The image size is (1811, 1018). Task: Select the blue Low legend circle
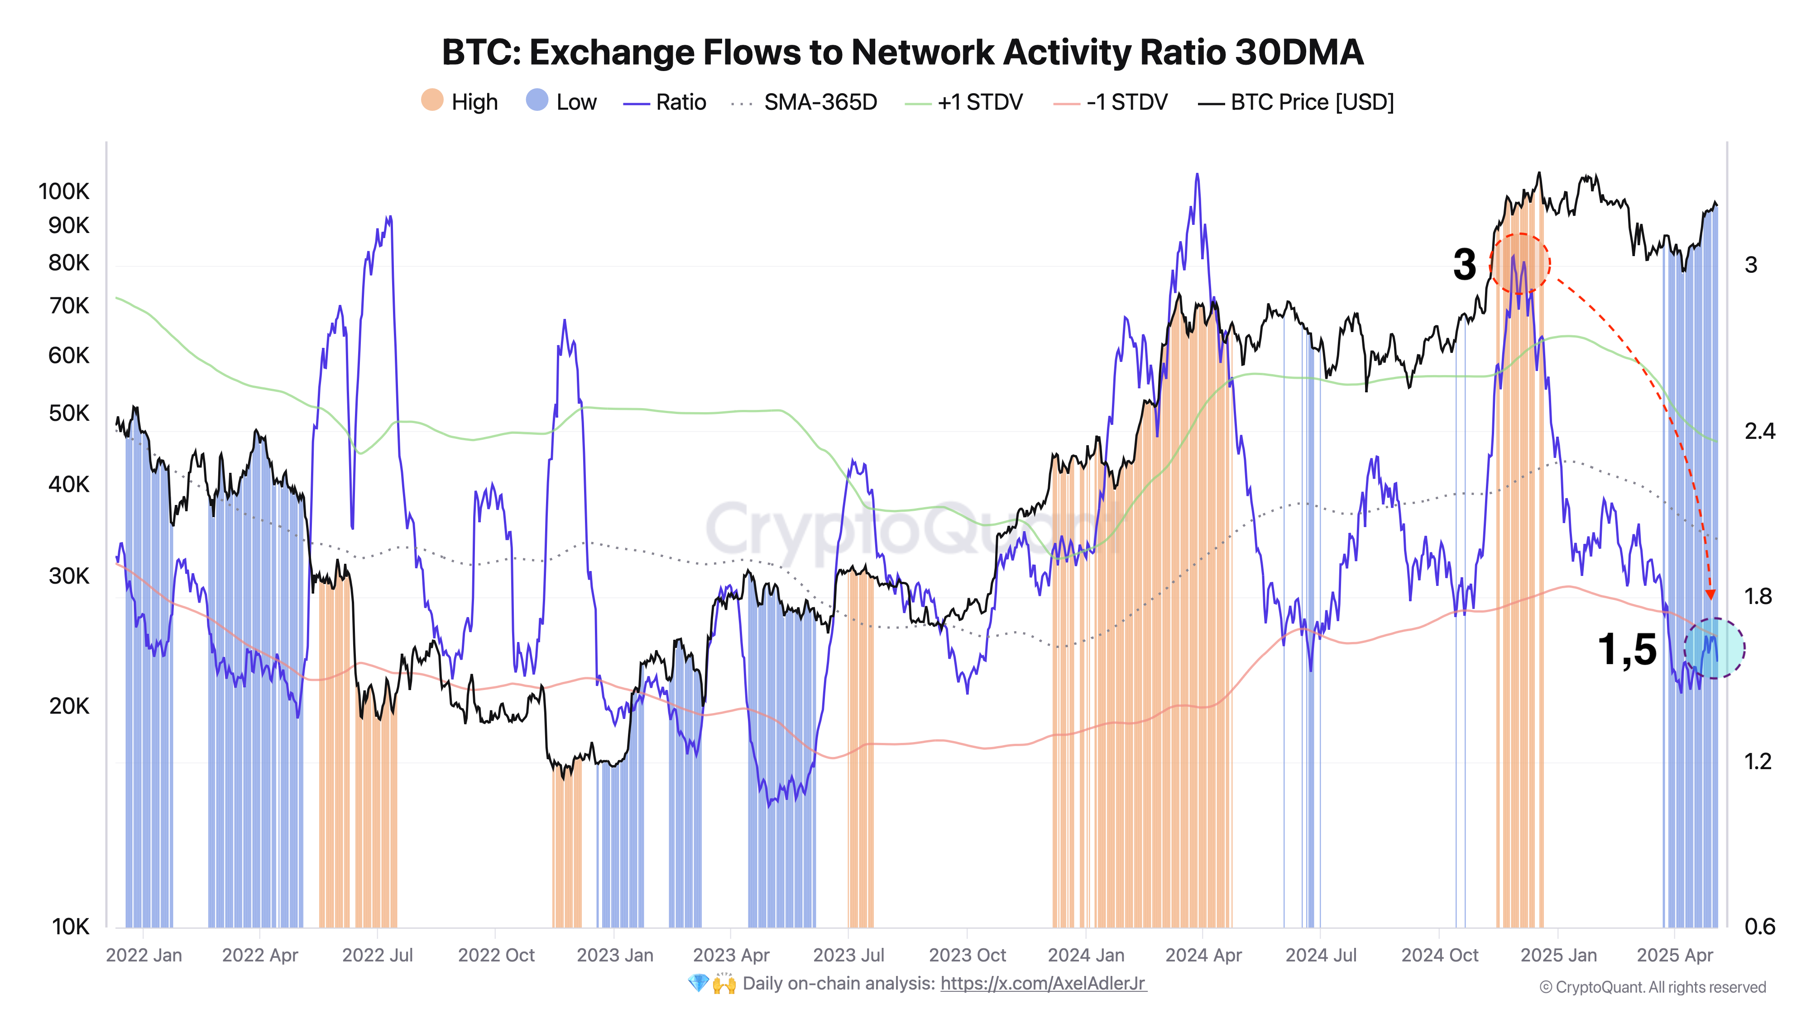point(537,100)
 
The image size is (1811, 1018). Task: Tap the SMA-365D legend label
point(820,103)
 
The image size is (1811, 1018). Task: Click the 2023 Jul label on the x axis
point(848,956)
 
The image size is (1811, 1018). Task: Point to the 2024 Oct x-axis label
point(1439,956)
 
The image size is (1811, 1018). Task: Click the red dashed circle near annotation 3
point(1520,263)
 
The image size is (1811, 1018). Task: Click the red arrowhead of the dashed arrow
point(1710,595)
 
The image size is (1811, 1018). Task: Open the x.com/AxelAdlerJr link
point(1043,984)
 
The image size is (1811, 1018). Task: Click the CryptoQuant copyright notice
point(1652,987)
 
